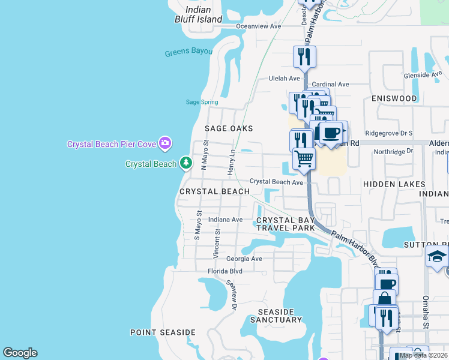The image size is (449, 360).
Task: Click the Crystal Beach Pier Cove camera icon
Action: [164, 143]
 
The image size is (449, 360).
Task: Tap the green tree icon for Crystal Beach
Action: [186, 163]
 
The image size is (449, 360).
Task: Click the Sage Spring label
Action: [202, 102]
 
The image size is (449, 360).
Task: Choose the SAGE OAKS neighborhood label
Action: [229, 128]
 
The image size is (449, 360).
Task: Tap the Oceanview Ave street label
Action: [259, 26]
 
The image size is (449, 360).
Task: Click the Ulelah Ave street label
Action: [284, 79]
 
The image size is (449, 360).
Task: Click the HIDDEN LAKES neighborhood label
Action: [394, 184]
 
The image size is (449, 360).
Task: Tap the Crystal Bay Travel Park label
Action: [286, 224]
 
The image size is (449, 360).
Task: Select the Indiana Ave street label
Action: [225, 220]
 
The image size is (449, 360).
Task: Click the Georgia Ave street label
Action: [244, 259]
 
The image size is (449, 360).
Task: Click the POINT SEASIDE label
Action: [163, 332]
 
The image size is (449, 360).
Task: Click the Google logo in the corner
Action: [20, 353]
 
